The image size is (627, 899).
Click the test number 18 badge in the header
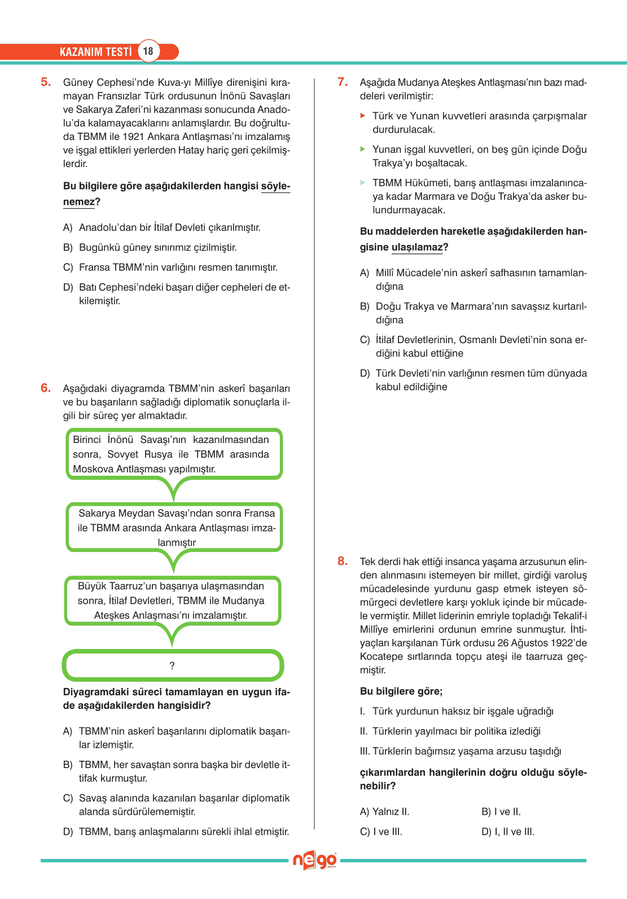pyautogui.click(x=148, y=51)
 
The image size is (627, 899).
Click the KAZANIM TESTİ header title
pyautogui.click(x=95, y=52)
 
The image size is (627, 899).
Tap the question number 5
pyautogui.click(x=46, y=82)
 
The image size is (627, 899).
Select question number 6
pyautogui.click(x=46, y=388)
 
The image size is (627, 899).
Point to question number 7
pyautogui.click(x=343, y=82)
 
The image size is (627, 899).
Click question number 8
pyautogui.click(x=343, y=561)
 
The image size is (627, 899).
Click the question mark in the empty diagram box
pyautogui.click(x=172, y=666)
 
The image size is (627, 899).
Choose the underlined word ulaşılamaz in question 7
pyautogui.click(x=416, y=247)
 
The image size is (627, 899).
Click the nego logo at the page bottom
pyautogui.click(x=314, y=861)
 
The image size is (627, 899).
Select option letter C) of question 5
pyautogui.click(x=68, y=267)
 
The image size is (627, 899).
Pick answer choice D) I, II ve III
pyautogui.click(x=508, y=832)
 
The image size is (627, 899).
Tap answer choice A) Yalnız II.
pyautogui.click(x=384, y=812)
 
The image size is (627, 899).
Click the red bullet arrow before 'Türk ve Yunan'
pyautogui.click(x=363, y=116)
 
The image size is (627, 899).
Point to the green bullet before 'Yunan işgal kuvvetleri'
pyautogui.click(x=363, y=149)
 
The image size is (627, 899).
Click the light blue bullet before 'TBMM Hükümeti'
pyautogui.click(x=363, y=182)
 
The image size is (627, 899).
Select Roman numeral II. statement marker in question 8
pyautogui.click(x=363, y=731)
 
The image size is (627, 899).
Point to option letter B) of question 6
pyautogui.click(x=68, y=765)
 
